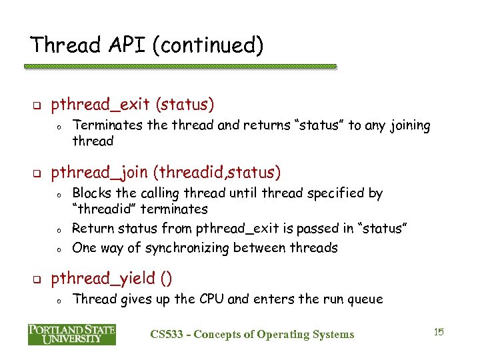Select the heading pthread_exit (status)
[133, 105]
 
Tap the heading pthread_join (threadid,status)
[166, 173]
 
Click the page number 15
[438, 332]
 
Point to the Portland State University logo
[72, 334]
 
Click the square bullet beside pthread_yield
[38, 279]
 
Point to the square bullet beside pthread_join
[38, 174]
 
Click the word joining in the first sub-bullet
[408, 125]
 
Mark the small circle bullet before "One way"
[59, 249]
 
